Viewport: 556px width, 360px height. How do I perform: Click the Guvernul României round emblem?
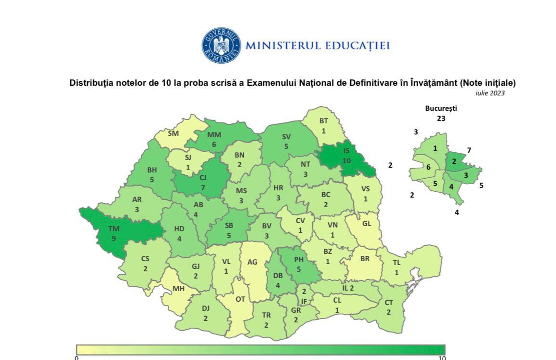click(x=221, y=45)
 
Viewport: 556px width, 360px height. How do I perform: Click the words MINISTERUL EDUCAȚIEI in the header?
click(x=317, y=46)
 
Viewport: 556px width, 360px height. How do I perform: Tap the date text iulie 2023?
click(x=490, y=93)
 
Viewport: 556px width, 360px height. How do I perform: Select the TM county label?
click(x=114, y=229)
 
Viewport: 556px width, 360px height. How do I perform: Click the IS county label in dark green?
click(x=346, y=151)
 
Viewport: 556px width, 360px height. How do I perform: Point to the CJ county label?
click(x=203, y=177)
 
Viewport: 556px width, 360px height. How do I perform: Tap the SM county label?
click(x=173, y=133)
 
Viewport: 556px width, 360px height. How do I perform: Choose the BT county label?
click(x=324, y=121)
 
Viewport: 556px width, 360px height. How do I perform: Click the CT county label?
click(x=389, y=303)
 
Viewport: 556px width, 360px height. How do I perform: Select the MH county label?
click(x=179, y=289)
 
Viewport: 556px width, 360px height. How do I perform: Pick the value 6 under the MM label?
click(x=214, y=145)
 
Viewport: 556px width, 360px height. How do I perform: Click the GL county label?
click(x=367, y=224)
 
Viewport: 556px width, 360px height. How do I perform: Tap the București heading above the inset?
click(x=441, y=108)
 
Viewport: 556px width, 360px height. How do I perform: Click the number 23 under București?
click(x=441, y=118)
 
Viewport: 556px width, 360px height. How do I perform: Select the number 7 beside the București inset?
click(x=469, y=150)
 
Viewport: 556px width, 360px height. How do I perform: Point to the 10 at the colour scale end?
click(x=442, y=358)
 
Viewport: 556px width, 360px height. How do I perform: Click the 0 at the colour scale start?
click(x=77, y=358)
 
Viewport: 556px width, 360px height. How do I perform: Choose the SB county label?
click(x=229, y=226)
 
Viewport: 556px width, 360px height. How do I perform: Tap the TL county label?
click(x=397, y=263)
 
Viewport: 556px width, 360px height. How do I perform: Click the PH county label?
click(x=299, y=260)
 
